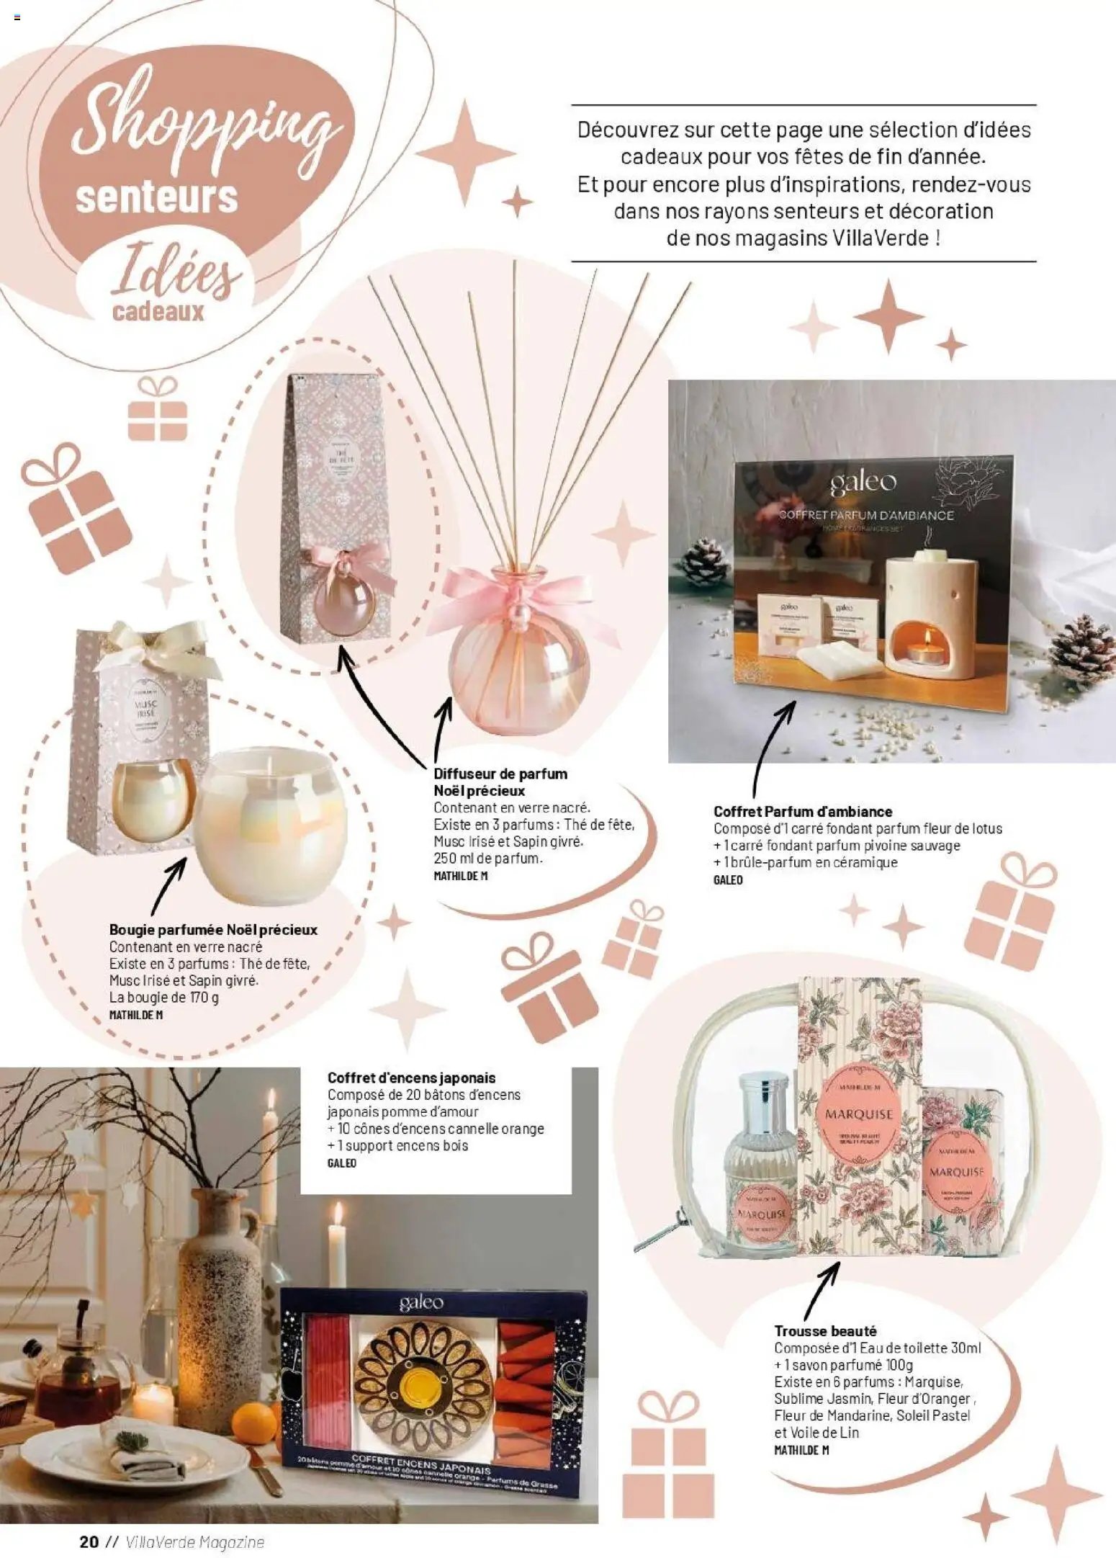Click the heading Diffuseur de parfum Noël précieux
pos(500,782)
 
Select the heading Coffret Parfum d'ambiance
pos(802,811)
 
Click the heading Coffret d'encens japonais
pos(411,1078)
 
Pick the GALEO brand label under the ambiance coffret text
pos(727,879)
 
